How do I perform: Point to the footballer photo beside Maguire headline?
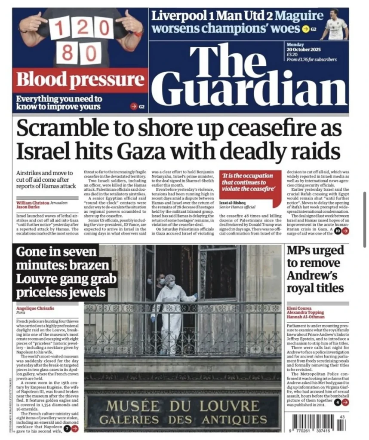[336, 24]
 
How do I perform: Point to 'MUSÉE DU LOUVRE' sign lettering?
[183, 405]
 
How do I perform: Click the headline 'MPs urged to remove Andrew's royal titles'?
[316, 269]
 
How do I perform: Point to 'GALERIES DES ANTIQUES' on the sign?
[183, 419]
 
